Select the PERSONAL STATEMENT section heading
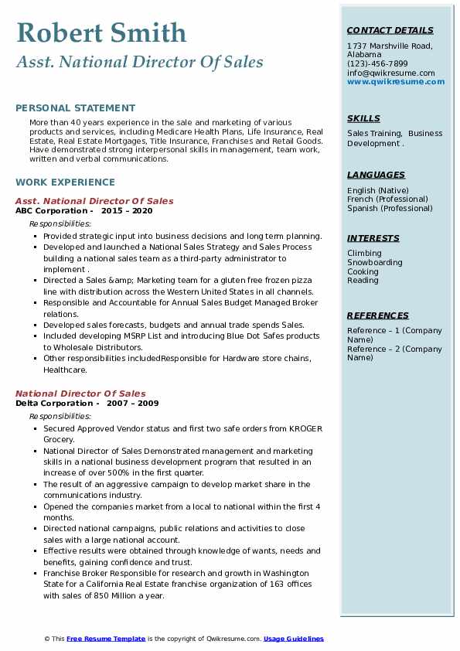point(75,108)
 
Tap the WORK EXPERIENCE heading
point(65,182)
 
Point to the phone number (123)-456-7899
point(377,63)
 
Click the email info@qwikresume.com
point(390,73)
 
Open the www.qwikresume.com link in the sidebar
point(396,81)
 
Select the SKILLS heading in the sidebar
point(363,118)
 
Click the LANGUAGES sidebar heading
point(376,175)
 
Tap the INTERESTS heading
point(373,238)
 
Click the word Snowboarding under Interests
point(375,262)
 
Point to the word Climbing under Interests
point(364,253)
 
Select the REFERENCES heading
point(378,315)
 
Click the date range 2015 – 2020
point(128,210)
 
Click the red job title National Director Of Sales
point(80,394)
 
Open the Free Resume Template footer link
point(106,639)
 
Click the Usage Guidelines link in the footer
point(294,639)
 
